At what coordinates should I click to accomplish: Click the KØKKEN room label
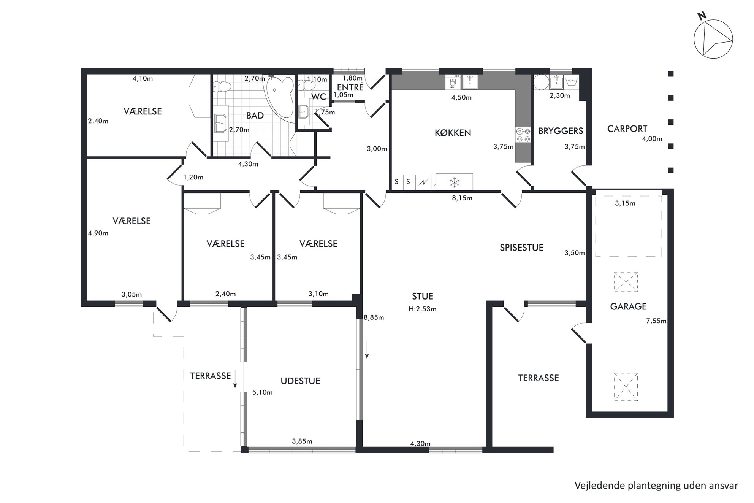pos(453,133)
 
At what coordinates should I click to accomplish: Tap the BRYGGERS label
pos(561,131)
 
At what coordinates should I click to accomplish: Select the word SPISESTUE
pos(521,248)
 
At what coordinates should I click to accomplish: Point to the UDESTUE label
pos(300,381)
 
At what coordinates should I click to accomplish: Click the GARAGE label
pos(628,306)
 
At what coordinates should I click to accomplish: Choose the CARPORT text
pos(627,129)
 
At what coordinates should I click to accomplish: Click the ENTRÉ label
pos(350,87)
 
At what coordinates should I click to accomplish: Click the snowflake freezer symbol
pos(455,182)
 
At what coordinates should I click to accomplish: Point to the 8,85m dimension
pos(374,317)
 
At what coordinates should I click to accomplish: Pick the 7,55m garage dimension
pos(656,321)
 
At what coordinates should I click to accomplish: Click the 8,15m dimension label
pos(462,198)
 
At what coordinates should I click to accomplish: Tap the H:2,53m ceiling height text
pos(423,309)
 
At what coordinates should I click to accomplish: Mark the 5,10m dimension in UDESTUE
pos(262,392)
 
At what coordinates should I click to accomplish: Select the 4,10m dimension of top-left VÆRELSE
pos(143,79)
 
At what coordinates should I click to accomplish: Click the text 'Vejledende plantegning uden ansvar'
pos(656,486)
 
